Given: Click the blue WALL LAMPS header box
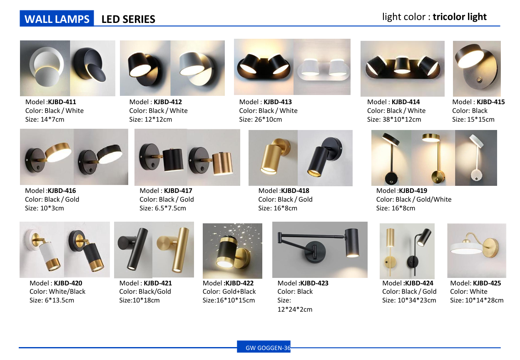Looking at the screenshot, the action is click(57, 18).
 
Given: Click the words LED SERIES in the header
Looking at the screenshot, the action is click(128, 19).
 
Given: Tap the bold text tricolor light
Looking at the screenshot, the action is click(459, 17).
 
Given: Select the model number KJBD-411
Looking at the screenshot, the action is click(62, 102).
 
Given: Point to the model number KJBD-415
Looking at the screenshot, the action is click(490, 102).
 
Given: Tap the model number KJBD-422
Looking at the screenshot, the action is click(239, 283).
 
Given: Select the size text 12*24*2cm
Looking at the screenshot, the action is click(295, 309).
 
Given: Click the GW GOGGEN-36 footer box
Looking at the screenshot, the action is click(264, 347).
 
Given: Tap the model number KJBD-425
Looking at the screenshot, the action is click(487, 283).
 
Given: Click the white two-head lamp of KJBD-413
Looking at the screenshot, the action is click(323, 69).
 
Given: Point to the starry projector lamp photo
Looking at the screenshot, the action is click(232, 251).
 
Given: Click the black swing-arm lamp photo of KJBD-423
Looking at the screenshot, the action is click(320, 250).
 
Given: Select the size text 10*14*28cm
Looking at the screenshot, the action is click(484, 300).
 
